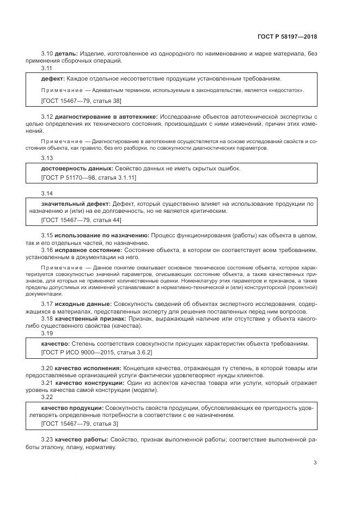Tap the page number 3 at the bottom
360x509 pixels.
[x=315, y=463]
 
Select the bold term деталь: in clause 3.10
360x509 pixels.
[x=66, y=53]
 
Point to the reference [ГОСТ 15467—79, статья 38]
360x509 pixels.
[x=81, y=101]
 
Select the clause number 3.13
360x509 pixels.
[x=47, y=158]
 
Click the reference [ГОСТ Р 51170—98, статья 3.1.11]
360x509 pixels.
[x=89, y=178]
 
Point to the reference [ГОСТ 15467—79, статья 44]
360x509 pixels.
[x=81, y=220]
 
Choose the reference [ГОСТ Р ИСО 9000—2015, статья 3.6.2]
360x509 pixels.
[x=97, y=353]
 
